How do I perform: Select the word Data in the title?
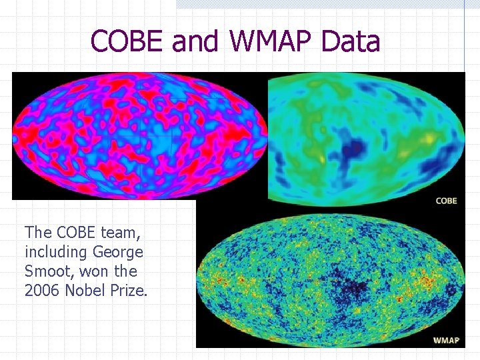(350, 41)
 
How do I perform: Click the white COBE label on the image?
(446, 201)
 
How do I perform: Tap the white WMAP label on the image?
(446, 340)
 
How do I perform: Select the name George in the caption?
(118, 253)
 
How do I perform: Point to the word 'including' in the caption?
(56, 253)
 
